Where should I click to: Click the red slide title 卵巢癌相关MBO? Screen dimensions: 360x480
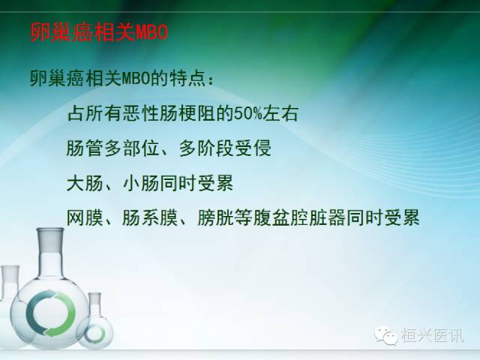coord(98,34)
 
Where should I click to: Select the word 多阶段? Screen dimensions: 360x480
coord(214,148)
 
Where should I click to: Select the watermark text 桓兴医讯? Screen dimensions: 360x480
coord(433,337)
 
